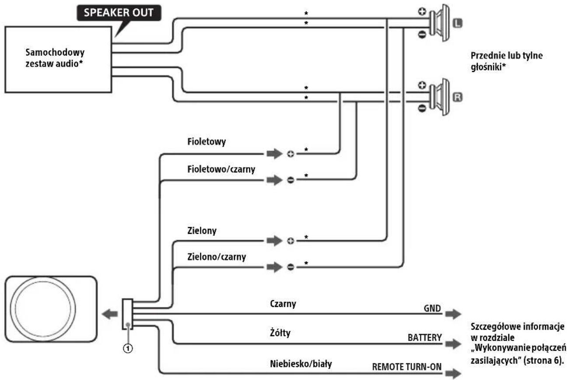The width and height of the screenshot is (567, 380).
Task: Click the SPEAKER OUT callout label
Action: (119, 13)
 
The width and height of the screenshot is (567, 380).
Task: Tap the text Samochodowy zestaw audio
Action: (55, 58)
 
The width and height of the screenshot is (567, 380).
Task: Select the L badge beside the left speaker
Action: (457, 23)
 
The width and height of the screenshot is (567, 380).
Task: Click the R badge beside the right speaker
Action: (457, 97)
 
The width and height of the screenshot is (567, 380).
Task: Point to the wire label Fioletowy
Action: (206, 141)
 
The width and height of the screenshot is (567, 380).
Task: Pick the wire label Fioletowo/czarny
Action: (221, 169)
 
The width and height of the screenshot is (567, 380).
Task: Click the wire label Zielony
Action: (202, 231)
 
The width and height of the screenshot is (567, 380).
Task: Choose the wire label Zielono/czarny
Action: (217, 257)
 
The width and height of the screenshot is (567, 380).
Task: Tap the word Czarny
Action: (283, 304)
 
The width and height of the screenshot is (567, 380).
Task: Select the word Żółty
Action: (280, 333)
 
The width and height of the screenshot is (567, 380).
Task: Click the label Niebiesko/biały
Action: (301, 364)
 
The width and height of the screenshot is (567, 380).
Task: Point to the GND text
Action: (432, 309)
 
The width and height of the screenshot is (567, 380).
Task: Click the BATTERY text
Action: (425, 338)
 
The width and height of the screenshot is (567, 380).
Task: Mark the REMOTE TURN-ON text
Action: (407, 367)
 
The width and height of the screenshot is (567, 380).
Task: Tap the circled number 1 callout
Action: (128, 348)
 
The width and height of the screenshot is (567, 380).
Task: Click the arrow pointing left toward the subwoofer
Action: (110, 314)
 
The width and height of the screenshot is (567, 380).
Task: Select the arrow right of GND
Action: (453, 314)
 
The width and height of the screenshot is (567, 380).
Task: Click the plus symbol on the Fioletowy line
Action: (290, 154)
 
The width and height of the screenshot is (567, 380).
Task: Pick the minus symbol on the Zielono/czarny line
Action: (290, 267)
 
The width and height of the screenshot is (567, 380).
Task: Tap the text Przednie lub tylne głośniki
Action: (507, 61)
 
